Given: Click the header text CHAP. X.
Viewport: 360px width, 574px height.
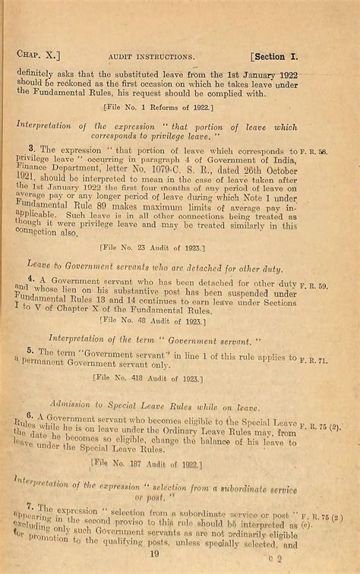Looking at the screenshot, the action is [x=37, y=54].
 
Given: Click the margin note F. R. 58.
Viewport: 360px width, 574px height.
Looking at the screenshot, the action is [x=314, y=153].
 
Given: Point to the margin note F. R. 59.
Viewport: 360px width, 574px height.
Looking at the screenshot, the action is [x=314, y=287].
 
